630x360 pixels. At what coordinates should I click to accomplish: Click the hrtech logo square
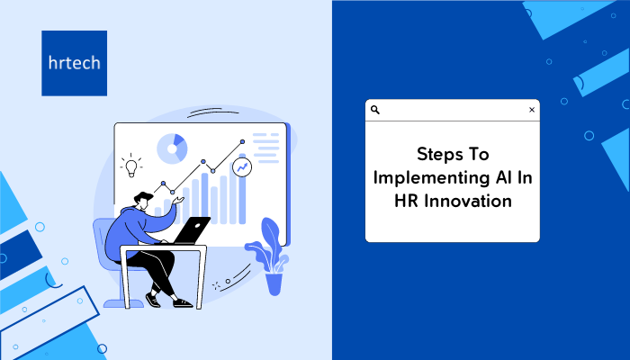click(75, 63)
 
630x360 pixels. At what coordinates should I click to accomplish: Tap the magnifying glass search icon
click(375, 110)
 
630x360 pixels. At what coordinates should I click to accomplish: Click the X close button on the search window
click(532, 110)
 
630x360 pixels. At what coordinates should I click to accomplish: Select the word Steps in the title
click(436, 155)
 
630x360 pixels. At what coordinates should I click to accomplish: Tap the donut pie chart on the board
click(172, 148)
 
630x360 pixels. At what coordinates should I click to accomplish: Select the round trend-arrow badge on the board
click(242, 167)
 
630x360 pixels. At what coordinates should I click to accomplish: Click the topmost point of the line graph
click(242, 142)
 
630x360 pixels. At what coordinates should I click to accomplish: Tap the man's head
click(143, 201)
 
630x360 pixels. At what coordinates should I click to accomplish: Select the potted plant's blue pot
click(274, 284)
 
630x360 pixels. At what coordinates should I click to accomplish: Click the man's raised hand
click(177, 200)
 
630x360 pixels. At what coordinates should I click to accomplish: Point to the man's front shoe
click(183, 303)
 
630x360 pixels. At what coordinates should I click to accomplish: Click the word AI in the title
click(503, 177)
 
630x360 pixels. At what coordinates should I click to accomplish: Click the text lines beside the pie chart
click(265, 148)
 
